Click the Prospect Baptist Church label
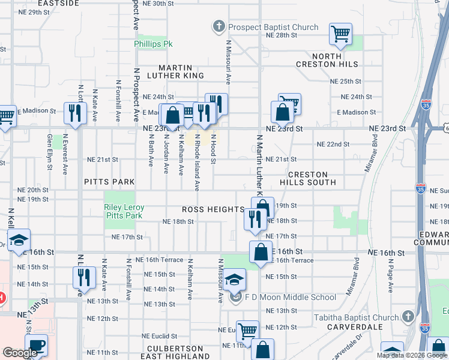tap(273, 27)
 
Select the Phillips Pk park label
tap(152, 44)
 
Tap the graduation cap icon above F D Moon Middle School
tap(236, 279)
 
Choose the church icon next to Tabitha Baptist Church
tap(408, 317)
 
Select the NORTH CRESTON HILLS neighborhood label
tap(327, 60)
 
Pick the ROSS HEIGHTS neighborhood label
tap(214, 210)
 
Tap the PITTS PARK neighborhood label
tap(109, 181)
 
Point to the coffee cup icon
tap(36, 346)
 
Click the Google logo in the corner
tap(20, 353)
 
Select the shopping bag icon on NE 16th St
tap(261, 252)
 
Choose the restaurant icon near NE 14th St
tap(84, 277)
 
